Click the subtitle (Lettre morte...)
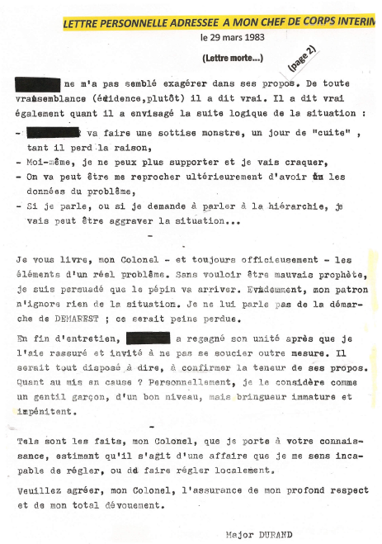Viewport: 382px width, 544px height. pyautogui.click(x=233, y=59)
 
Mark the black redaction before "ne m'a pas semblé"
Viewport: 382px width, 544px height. pyautogui.click(x=38, y=84)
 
